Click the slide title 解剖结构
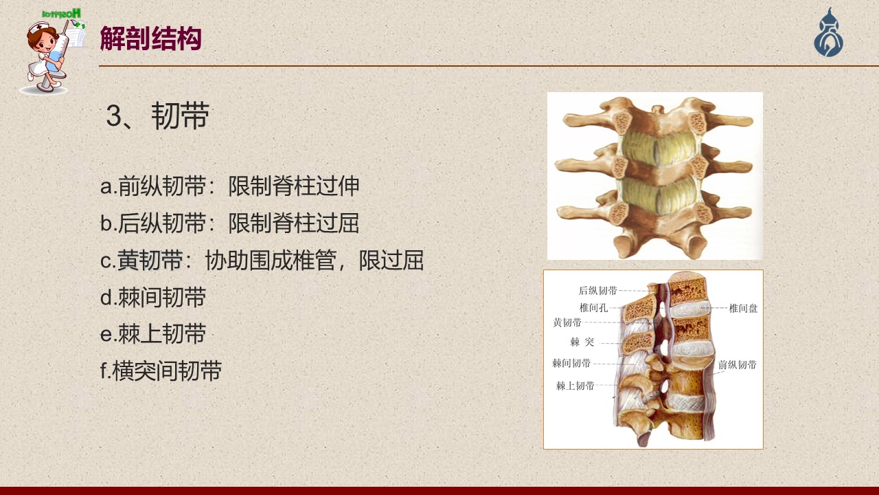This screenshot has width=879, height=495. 150,38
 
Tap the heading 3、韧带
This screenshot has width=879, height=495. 157,116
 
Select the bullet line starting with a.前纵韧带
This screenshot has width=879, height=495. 229,186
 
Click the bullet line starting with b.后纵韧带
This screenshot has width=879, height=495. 229,223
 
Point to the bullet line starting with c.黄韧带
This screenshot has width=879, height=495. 262,260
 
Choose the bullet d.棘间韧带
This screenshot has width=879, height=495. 153,297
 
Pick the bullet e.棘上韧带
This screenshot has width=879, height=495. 153,334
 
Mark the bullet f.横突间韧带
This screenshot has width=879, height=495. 161,371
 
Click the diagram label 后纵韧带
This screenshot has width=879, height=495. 597,291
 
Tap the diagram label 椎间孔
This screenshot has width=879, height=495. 594,307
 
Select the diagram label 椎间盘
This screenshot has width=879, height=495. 743,309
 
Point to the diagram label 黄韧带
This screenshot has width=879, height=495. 567,322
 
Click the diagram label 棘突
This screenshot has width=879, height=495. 582,342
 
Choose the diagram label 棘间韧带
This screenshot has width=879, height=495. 571,363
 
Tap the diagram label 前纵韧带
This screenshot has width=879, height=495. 738,365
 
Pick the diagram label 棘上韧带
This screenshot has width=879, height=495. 575,386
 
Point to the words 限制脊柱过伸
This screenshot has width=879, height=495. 294,186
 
